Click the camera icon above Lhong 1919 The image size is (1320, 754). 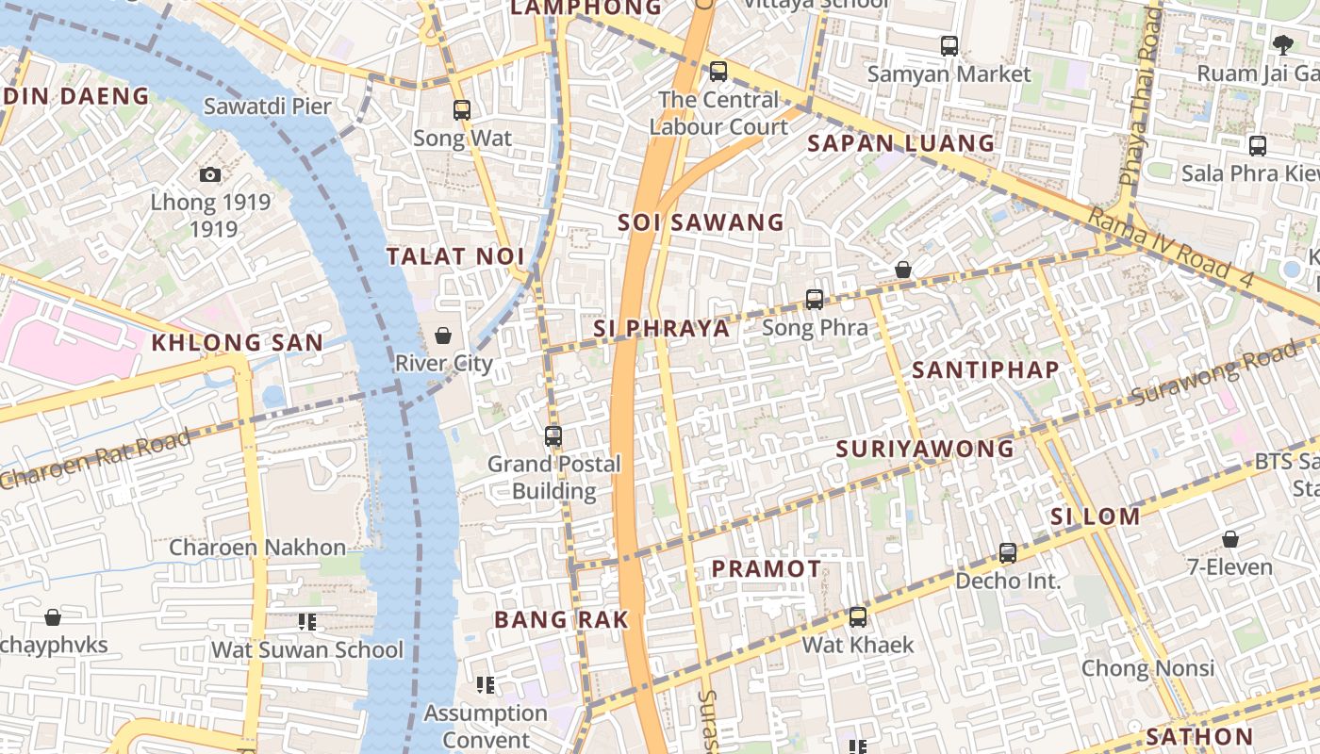[210, 174]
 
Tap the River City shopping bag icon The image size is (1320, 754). [442, 336]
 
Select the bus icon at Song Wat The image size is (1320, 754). [461, 110]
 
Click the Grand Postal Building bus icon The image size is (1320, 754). [553, 436]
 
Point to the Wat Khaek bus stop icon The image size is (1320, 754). [858, 617]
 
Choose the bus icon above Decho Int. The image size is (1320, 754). [1008, 553]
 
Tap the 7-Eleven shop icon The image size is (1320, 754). [1229, 539]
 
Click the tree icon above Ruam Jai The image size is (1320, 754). [1282, 43]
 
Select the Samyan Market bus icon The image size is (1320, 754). [949, 45]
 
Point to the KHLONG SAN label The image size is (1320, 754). [238, 343]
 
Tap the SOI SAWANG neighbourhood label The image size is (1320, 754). [701, 222]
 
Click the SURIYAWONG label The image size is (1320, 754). [925, 449]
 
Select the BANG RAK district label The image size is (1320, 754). [561, 619]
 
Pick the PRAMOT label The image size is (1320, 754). [766, 568]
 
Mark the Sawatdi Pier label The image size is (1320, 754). [268, 106]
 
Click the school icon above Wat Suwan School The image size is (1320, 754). [306, 622]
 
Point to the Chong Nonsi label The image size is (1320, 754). [1147, 668]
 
